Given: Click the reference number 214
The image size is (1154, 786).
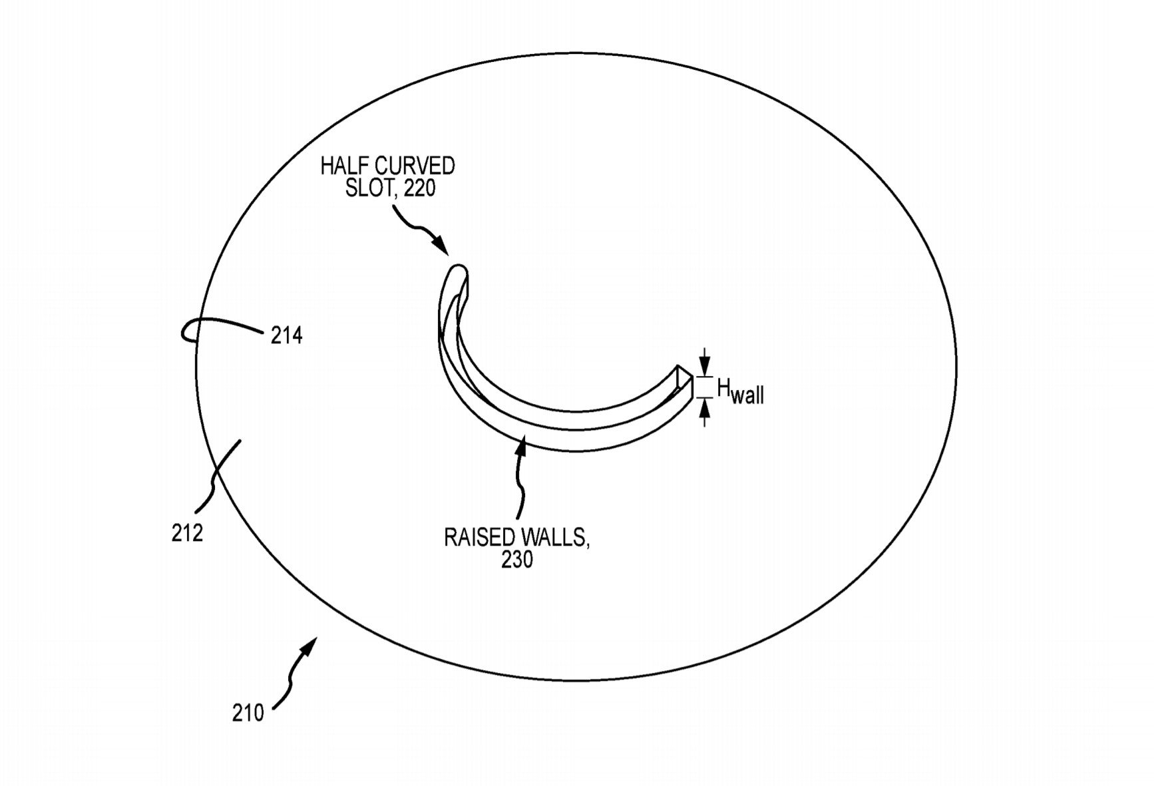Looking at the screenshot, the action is point(286,335).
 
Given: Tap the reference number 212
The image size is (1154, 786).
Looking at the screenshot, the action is point(187,532).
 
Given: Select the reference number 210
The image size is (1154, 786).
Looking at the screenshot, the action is point(248,713).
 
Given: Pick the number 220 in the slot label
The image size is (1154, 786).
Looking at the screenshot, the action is point(419,188).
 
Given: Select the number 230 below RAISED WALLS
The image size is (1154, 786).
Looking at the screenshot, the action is point(517,560).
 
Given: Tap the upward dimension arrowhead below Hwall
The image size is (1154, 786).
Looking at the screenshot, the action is point(705,408).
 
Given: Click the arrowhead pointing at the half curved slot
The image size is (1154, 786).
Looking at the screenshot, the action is point(442,247).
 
